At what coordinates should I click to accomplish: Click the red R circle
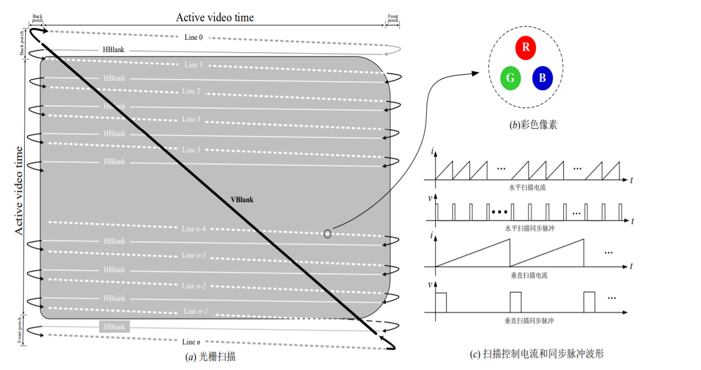click(x=526, y=48)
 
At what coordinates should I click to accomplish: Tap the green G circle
click(x=511, y=78)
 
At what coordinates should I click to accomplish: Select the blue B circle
click(x=542, y=78)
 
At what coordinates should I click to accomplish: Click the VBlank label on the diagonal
click(x=242, y=199)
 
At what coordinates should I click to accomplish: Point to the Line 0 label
click(x=194, y=37)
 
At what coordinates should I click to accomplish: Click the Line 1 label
click(x=193, y=65)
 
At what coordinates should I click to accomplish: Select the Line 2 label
click(x=191, y=91)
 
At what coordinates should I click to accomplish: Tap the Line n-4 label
click(x=194, y=228)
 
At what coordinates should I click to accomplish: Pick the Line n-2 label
click(x=194, y=286)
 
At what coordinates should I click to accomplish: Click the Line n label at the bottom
click(x=189, y=341)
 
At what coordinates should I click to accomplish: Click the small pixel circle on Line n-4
click(x=328, y=233)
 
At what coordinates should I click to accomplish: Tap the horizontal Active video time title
click(x=215, y=17)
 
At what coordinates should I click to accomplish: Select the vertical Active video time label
click(x=18, y=190)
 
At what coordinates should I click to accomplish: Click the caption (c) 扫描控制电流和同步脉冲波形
click(x=536, y=354)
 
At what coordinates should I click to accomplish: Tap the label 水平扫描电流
click(x=529, y=188)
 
